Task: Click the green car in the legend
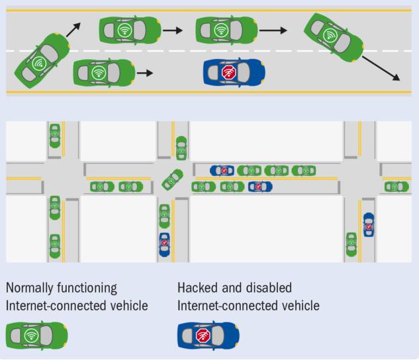(x=36, y=336)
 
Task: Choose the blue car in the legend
(x=208, y=336)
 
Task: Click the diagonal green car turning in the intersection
(x=172, y=179)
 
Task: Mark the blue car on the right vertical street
(x=369, y=226)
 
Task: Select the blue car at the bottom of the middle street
(x=164, y=244)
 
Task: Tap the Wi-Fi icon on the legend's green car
(x=31, y=336)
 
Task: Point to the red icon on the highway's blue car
(x=229, y=71)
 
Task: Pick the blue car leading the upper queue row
(x=222, y=171)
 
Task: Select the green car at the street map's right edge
(x=397, y=187)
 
